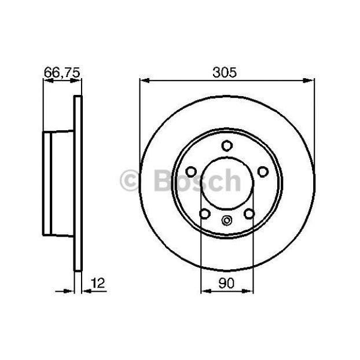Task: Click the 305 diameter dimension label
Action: (x=225, y=72)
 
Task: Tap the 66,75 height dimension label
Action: (x=62, y=72)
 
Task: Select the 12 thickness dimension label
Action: (x=98, y=283)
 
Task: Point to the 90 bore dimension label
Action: (x=226, y=283)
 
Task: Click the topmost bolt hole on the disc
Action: (x=227, y=145)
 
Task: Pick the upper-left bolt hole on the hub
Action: (x=191, y=172)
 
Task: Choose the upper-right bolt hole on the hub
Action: (x=263, y=172)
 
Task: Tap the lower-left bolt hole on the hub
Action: (x=205, y=214)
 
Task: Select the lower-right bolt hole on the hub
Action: (x=249, y=214)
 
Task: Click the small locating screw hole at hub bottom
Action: (x=227, y=221)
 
